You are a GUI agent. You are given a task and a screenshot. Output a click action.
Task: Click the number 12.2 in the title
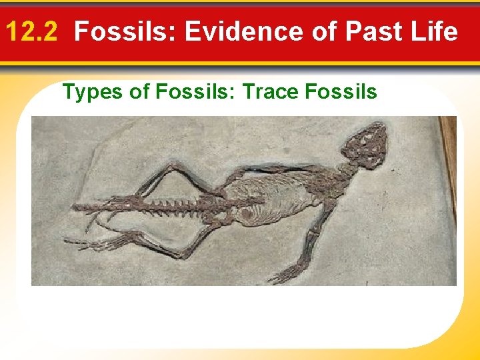point(34,31)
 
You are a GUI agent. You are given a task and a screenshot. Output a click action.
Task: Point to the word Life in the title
point(433,31)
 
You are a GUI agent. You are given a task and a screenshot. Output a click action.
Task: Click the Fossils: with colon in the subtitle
point(196,91)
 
